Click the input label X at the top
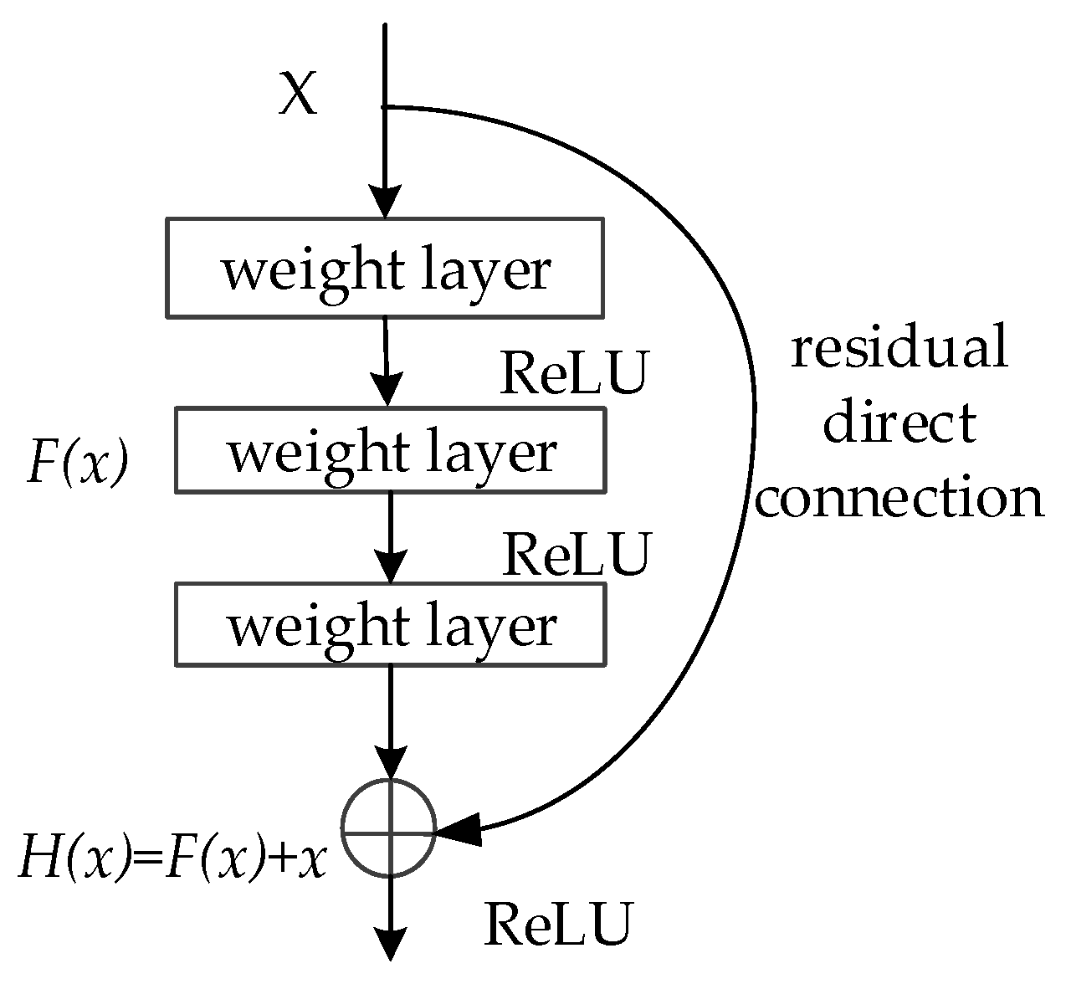point(298,94)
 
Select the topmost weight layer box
point(385,268)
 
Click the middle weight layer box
point(390,450)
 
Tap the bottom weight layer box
point(390,625)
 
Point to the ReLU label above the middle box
point(574,373)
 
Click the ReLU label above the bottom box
point(576,554)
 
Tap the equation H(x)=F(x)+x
point(172,859)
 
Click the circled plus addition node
point(389,828)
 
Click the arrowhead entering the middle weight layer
point(387,392)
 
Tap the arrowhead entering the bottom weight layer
point(390,567)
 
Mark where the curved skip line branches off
point(386,107)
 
